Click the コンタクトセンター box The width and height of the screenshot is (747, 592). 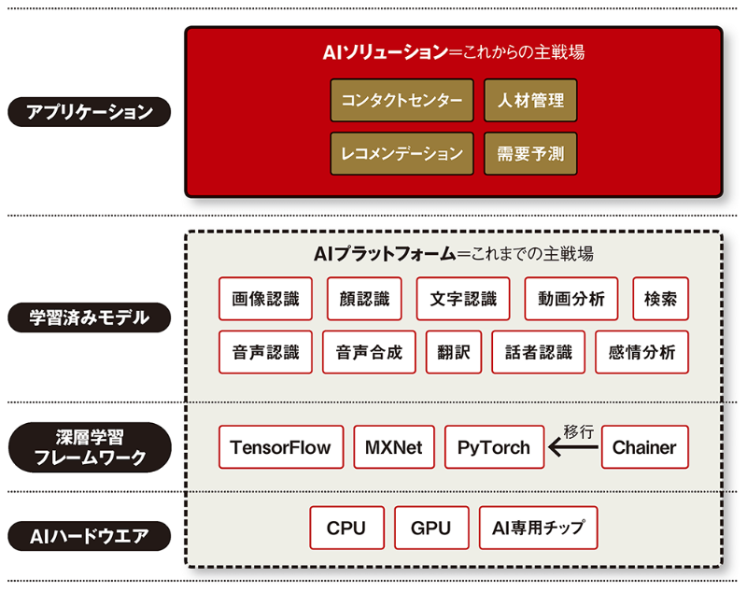coord(402,101)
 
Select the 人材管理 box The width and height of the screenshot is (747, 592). coord(530,101)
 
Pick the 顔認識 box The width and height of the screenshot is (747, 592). coord(364,300)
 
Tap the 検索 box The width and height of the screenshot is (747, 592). coord(660,300)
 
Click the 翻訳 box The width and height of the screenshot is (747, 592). coord(453,353)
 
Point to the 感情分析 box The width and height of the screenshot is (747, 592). coord(641,353)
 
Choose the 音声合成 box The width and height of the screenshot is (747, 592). coord(369,353)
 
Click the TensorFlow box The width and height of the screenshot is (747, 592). coord(280,447)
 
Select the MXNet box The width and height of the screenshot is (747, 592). coord(394,447)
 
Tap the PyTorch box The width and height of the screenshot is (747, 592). coord(493,447)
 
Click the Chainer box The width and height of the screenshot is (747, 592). coord(644,447)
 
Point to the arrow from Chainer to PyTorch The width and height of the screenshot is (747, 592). coord(572,449)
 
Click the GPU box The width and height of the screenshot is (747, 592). coord(430,529)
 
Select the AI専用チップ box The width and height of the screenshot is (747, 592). coord(538,529)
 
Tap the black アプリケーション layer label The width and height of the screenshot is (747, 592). coord(90,112)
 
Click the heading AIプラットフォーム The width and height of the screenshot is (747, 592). coord(385,253)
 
